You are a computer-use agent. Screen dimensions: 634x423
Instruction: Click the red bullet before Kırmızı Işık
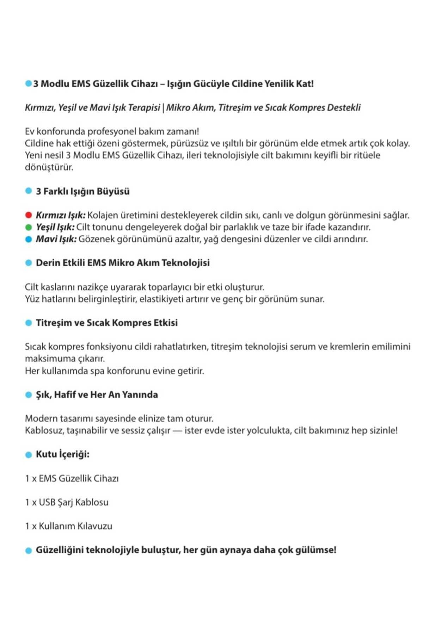click(29, 215)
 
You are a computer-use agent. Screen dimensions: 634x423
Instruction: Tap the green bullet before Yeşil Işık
click(29, 227)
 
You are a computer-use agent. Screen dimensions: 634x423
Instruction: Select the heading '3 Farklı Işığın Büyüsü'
click(82, 191)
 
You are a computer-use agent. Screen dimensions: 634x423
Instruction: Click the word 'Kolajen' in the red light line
click(102, 215)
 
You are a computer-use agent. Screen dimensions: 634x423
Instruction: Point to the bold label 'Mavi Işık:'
click(56, 239)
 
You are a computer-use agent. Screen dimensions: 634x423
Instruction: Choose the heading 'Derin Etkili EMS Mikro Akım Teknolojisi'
click(123, 263)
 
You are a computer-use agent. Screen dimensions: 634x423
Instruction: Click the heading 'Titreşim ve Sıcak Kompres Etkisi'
click(106, 323)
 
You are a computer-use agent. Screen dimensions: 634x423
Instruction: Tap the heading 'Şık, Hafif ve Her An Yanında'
click(97, 394)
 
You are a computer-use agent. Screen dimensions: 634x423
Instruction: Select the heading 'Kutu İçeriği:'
click(62, 454)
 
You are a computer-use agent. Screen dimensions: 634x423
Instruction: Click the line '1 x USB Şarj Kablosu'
click(67, 502)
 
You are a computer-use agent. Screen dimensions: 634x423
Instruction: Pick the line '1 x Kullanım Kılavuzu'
click(69, 526)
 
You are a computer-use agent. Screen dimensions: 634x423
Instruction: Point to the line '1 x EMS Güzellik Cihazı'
click(72, 478)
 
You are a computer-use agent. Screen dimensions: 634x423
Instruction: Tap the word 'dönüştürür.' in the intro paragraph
click(49, 167)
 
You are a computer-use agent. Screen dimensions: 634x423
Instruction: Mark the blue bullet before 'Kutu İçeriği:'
click(29, 455)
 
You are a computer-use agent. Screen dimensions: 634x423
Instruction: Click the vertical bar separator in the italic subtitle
click(163, 108)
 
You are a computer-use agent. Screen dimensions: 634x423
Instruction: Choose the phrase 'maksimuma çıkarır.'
click(65, 359)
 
